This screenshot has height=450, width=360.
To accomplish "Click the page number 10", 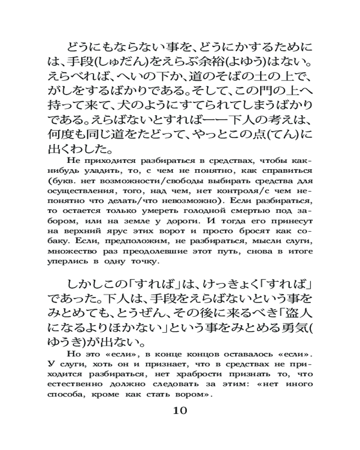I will tap(180, 410).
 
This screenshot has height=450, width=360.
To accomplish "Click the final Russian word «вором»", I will tap(194, 394).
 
